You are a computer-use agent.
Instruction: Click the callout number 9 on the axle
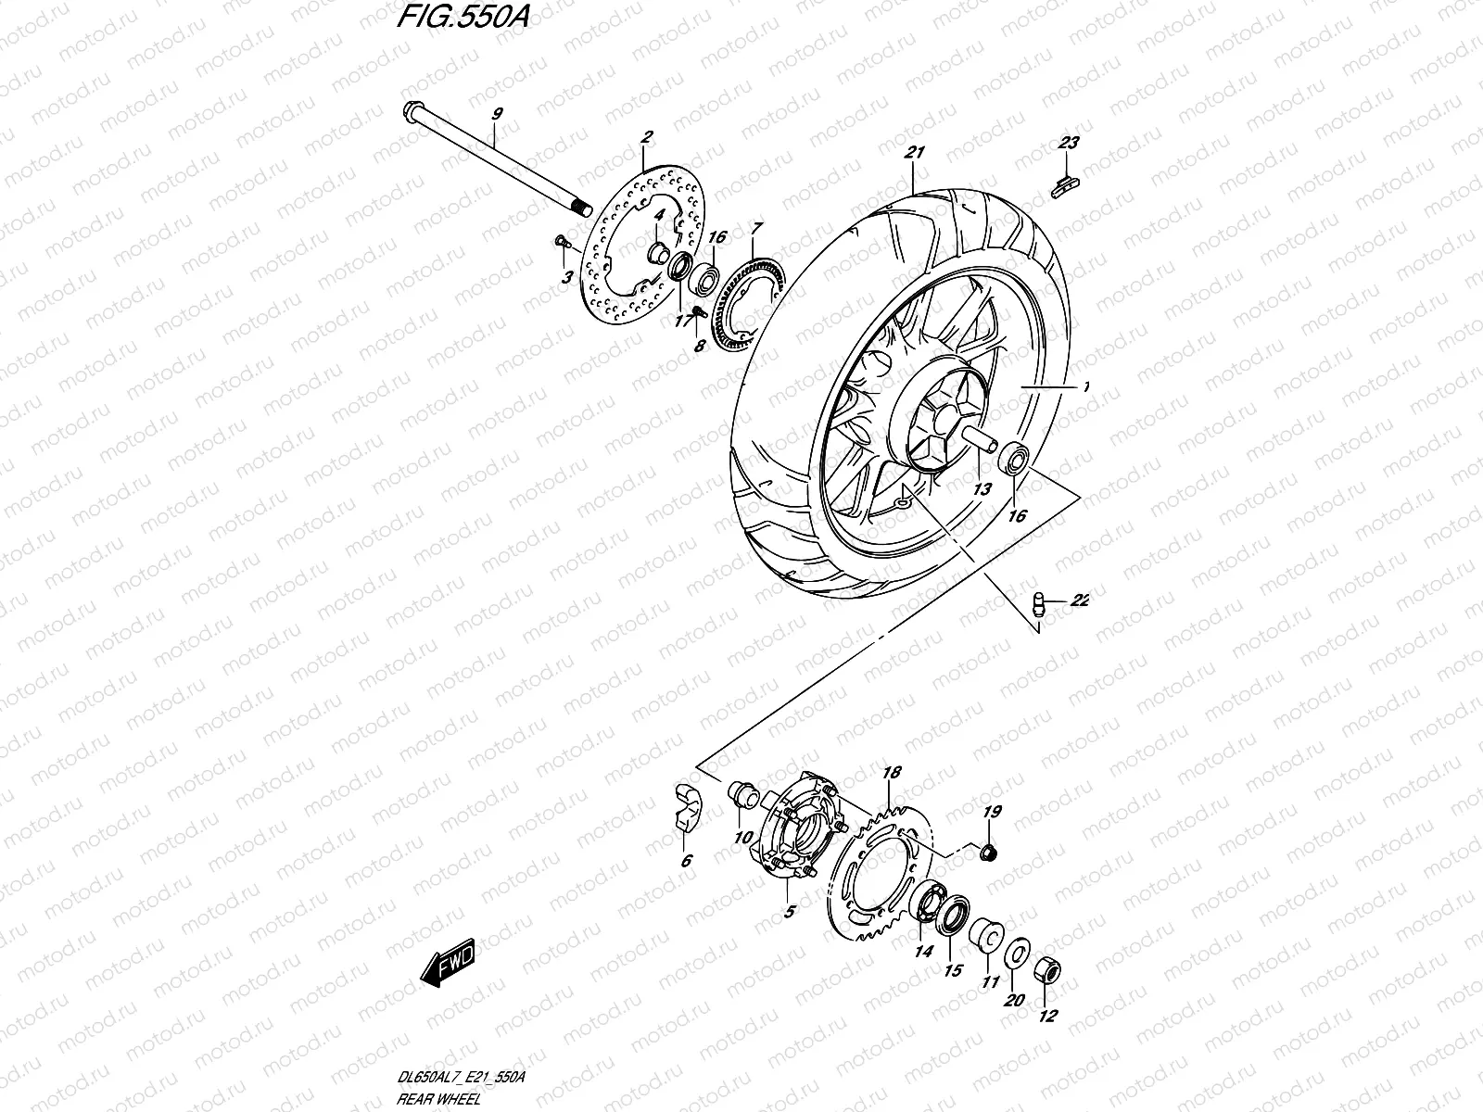497,113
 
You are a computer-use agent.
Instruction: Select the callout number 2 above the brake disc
646,137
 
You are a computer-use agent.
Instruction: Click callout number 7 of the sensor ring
756,227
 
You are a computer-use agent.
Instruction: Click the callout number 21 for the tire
917,153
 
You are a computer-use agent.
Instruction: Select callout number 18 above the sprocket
892,773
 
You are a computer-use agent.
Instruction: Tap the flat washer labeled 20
1016,952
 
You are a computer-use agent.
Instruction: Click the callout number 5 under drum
789,912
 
